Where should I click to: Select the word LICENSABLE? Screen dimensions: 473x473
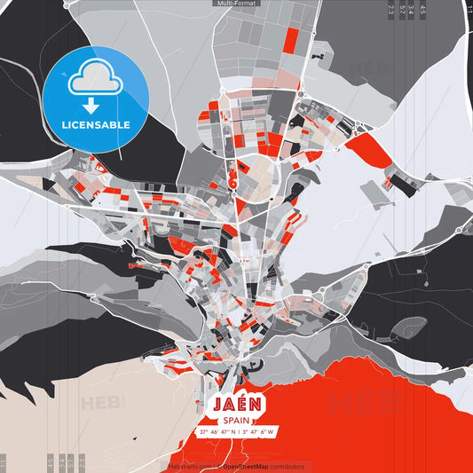[x=95, y=124]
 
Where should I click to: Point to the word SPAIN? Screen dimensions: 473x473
[x=236, y=421]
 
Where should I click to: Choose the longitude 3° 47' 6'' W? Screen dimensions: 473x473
[x=257, y=432]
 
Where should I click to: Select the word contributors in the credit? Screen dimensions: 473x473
[x=289, y=466]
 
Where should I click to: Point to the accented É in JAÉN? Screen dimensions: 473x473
[x=242, y=403]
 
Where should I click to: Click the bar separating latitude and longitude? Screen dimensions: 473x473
[x=240, y=432]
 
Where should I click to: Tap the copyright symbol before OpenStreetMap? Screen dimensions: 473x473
[x=218, y=466]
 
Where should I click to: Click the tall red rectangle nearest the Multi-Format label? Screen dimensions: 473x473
[x=290, y=38]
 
